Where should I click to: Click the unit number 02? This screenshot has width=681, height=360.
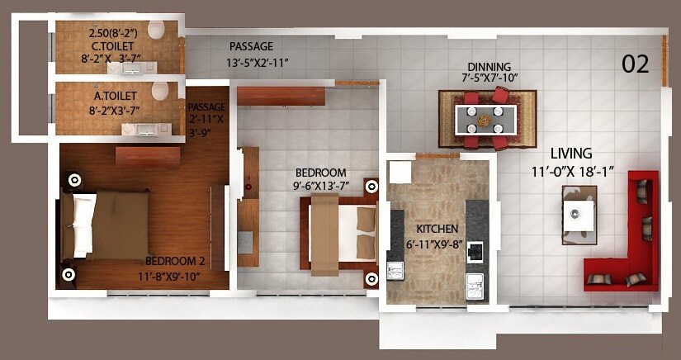pos(635,64)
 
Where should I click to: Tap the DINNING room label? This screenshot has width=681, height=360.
pos(489,67)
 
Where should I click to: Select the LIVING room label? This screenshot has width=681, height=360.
pos(572,154)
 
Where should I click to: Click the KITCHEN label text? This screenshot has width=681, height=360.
pos(437,229)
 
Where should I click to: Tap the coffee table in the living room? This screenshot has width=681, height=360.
pos(579,212)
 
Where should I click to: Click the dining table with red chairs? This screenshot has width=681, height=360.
pos(488,118)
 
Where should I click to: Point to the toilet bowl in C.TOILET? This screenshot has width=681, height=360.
pos(157,31)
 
